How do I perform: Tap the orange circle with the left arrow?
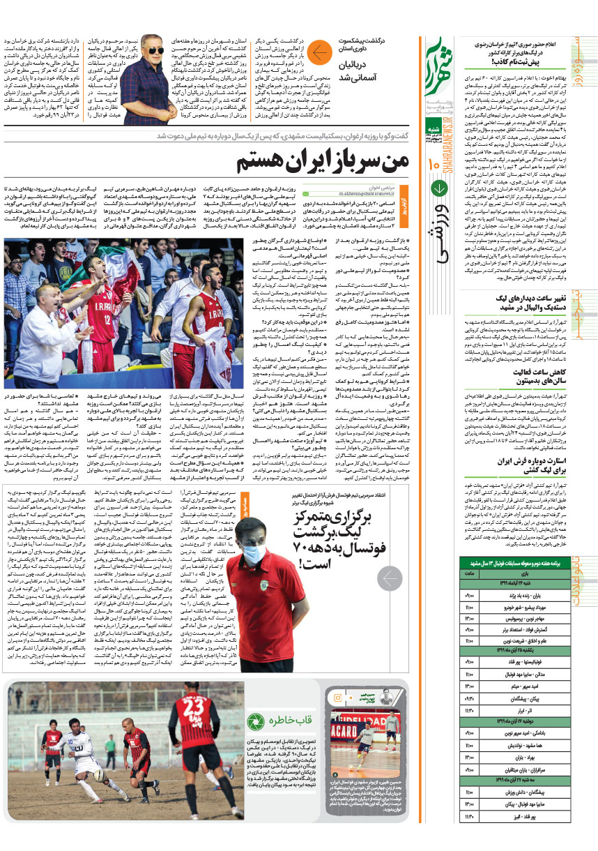point(321,52)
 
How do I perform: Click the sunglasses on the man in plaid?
point(154,50)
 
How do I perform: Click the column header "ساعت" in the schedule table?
point(469,573)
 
